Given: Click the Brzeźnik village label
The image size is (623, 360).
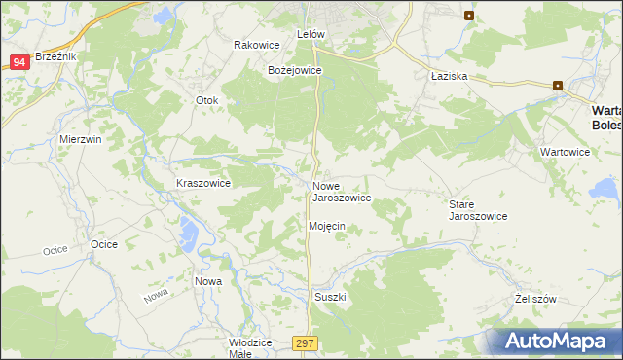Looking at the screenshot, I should pyautogui.click(x=55, y=56).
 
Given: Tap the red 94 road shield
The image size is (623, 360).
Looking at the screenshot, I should pyautogui.click(x=18, y=62).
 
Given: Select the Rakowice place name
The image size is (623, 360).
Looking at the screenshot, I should pyautogui.click(x=257, y=45).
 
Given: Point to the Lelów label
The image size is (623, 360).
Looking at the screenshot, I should pyautogui.click(x=310, y=34).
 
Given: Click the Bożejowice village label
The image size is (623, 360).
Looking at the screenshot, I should pyautogui.click(x=295, y=70).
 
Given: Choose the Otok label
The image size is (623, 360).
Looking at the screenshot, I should pyautogui.click(x=208, y=100).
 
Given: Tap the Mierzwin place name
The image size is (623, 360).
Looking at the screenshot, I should pyautogui.click(x=81, y=139).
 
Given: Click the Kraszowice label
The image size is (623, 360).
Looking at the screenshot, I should pyautogui.click(x=202, y=183).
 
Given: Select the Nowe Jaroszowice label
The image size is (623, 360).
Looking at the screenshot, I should pyautogui.click(x=341, y=191).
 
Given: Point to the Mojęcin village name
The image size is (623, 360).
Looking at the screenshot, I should pyautogui.click(x=327, y=226).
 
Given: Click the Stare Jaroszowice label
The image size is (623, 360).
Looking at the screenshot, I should pyautogui.click(x=477, y=210).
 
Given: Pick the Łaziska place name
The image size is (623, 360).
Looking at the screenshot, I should pyautogui.click(x=450, y=76).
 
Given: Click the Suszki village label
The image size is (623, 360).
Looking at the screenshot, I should pyautogui.click(x=330, y=296).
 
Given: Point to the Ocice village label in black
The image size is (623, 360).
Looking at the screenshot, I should pyautogui.click(x=104, y=244).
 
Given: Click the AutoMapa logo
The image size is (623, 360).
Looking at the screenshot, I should pyautogui.click(x=559, y=341).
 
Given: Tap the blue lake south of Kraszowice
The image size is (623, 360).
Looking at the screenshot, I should pyautogui.click(x=191, y=232).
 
